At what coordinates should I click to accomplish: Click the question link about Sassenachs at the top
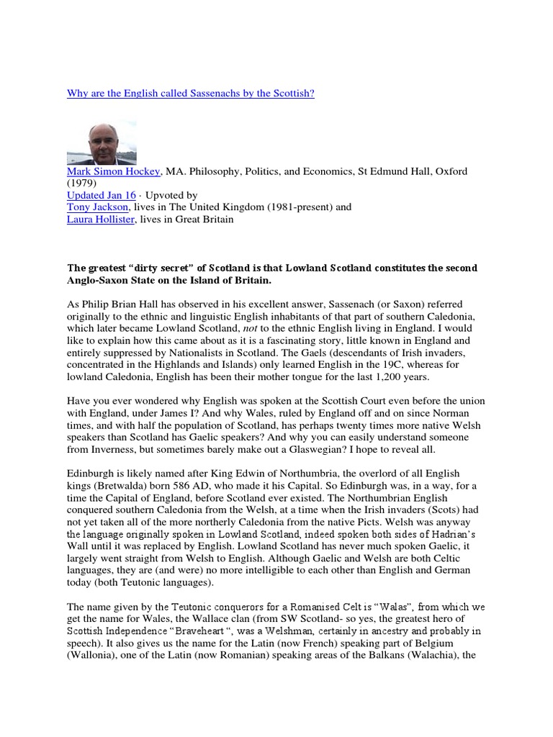click(191, 94)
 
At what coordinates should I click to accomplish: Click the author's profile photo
click(96, 143)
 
